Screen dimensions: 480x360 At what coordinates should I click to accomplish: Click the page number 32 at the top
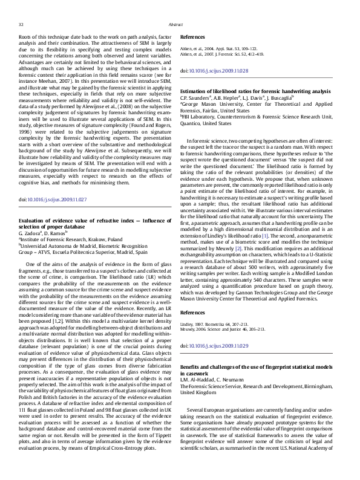[21, 24]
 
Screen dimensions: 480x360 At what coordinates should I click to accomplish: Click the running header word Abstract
[175, 24]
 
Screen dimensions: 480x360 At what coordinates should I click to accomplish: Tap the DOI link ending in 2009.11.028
[218, 71]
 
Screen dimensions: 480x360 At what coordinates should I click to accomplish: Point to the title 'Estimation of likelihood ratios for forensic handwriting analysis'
[255, 91]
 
